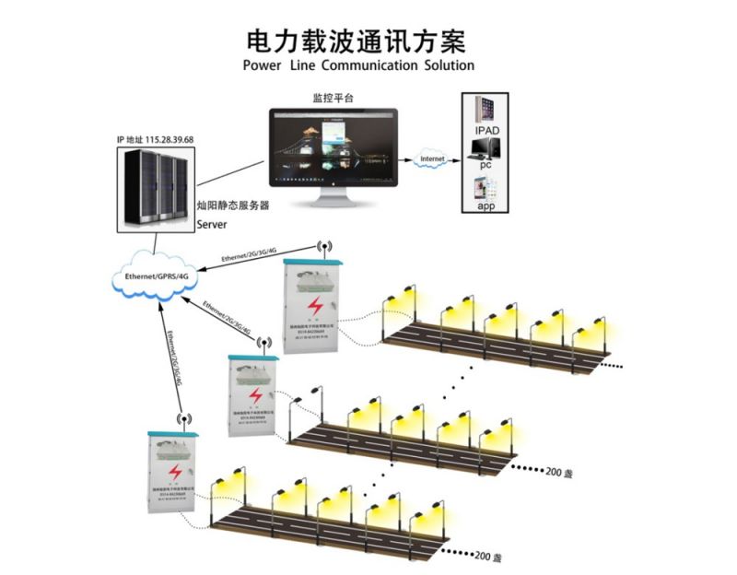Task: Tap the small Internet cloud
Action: (x=432, y=159)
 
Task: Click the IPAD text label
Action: (x=487, y=132)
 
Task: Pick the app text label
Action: (x=485, y=206)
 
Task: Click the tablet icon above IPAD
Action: (x=485, y=109)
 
